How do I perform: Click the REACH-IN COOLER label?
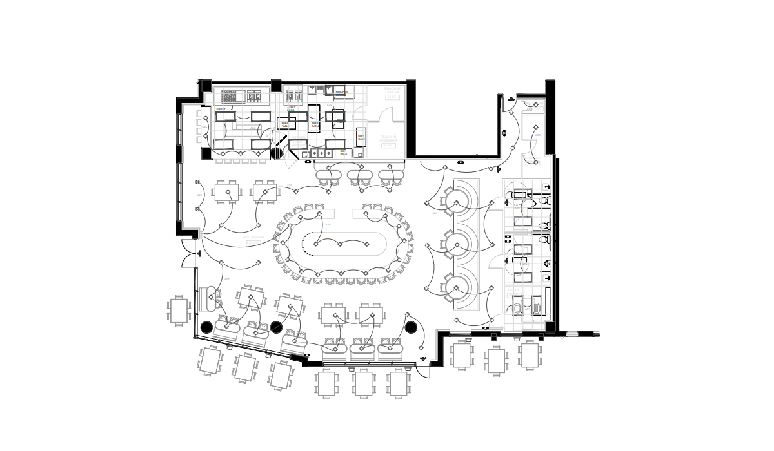point(392,91)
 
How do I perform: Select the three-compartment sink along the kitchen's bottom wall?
point(320,153)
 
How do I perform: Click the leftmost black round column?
point(206,327)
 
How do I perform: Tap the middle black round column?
point(277,327)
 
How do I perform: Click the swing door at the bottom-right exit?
point(423,369)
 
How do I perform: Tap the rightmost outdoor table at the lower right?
point(530,355)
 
